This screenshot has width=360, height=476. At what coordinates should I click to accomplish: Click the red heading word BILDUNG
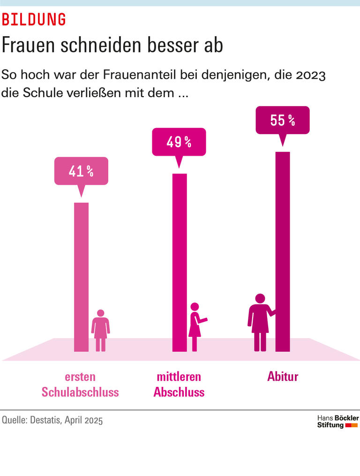click(x=34, y=19)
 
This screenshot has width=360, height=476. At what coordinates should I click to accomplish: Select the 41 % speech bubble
click(x=81, y=171)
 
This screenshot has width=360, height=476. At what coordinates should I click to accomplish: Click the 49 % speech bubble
click(x=179, y=142)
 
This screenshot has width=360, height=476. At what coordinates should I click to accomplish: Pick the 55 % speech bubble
click(x=282, y=120)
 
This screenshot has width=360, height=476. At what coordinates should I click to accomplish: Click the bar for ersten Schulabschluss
click(x=81, y=277)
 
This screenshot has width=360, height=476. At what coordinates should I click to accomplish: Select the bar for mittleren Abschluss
click(x=180, y=263)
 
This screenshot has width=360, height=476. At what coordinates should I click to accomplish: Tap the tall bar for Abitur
click(x=283, y=251)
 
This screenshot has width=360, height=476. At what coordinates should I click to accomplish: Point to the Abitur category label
click(x=283, y=377)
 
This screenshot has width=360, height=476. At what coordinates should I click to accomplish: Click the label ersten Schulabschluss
click(x=80, y=385)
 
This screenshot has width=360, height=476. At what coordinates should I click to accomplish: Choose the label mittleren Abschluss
click(x=179, y=385)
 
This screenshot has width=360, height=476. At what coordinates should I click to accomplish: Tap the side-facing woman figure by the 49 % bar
click(x=195, y=327)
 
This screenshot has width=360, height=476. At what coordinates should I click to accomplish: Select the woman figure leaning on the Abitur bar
click(x=260, y=324)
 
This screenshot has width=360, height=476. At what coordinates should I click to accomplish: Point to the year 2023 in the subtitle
click(x=310, y=75)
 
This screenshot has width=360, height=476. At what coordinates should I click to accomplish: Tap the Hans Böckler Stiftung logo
click(x=337, y=421)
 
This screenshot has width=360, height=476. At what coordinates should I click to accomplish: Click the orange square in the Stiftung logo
click(x=354, y=425)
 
